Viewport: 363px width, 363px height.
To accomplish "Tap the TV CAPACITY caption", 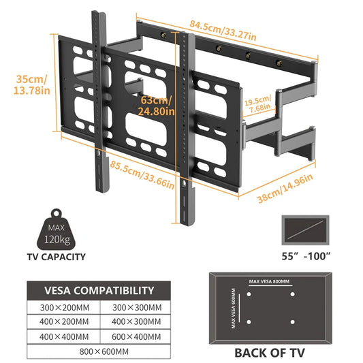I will tap(56, 257).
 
